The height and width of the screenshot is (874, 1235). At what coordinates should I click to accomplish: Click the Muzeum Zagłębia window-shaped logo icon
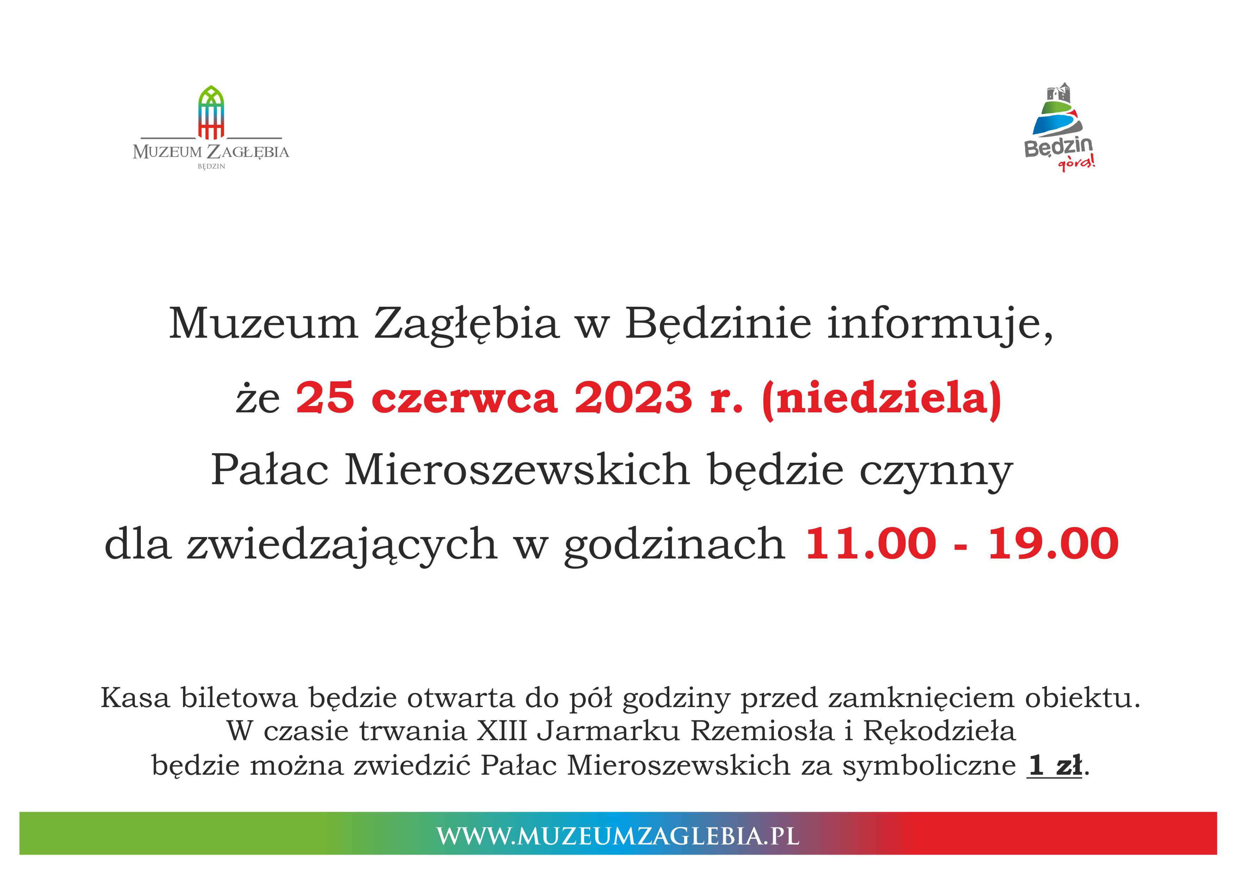pos(211,112)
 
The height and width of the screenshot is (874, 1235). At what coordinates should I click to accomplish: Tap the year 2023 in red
pos(633,398)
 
